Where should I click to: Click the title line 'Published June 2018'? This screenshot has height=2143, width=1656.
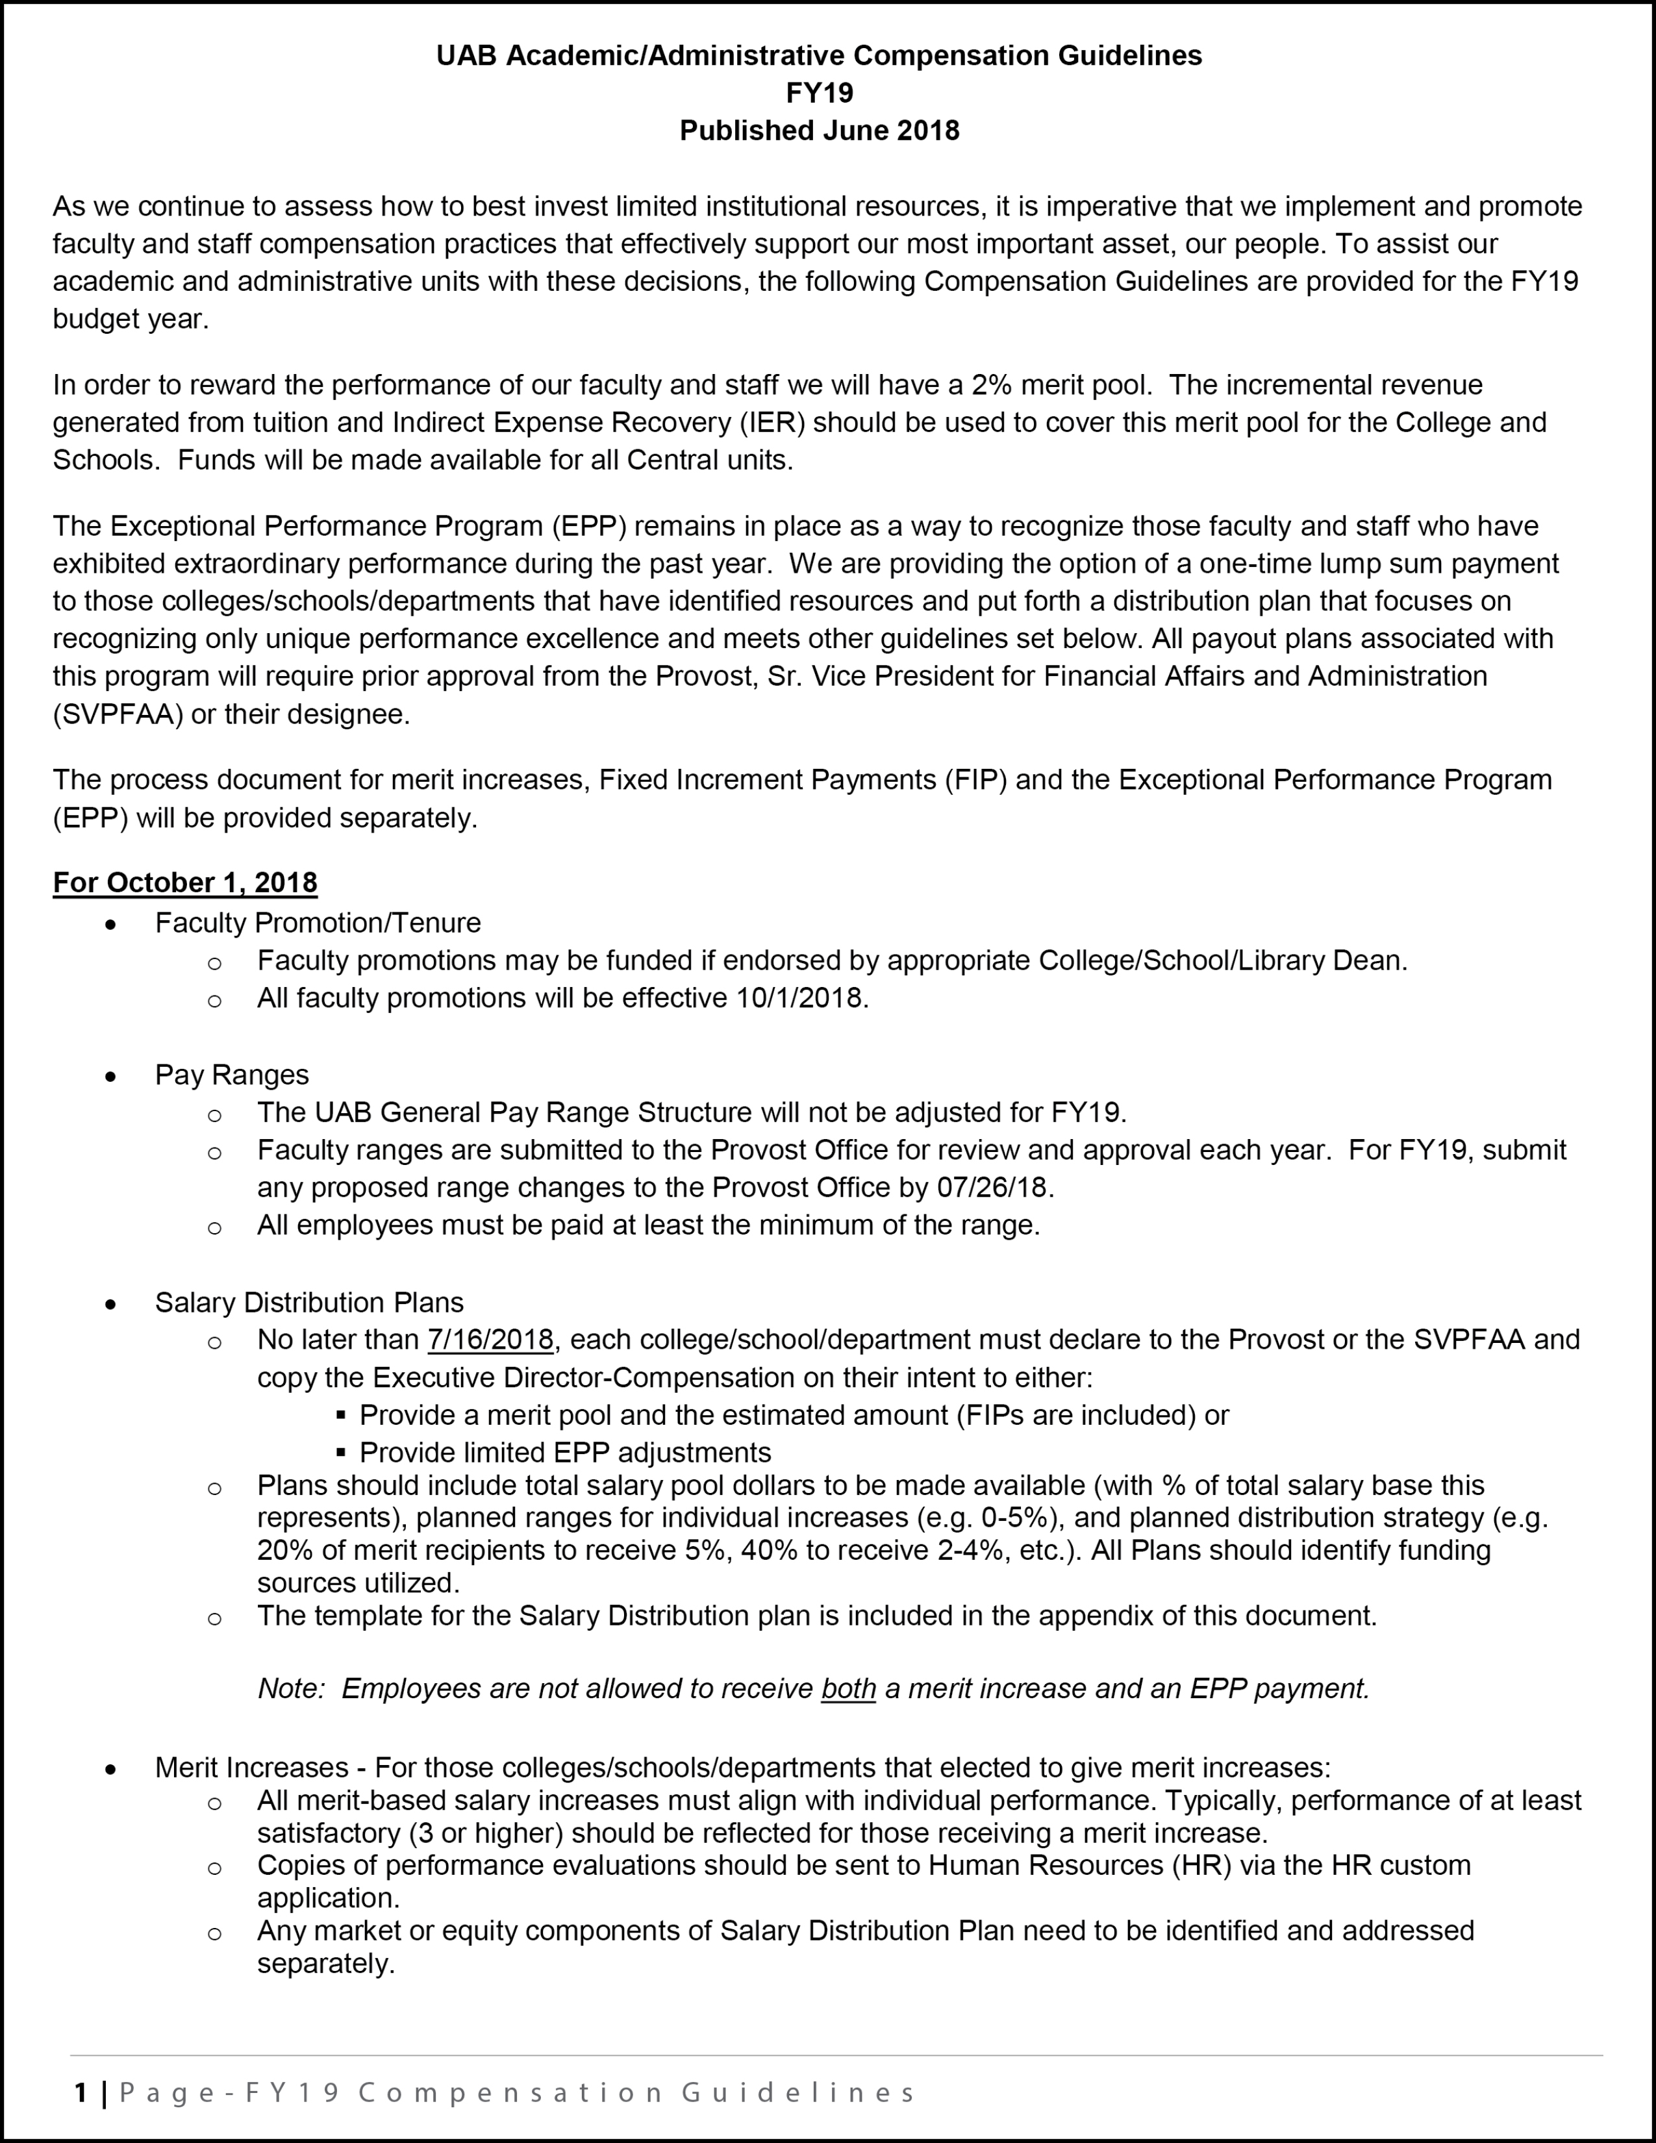(x=819, y=131)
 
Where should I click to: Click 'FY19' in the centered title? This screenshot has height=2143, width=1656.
(x=819, y=94)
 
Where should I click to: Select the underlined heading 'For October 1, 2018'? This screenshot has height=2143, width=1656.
(x=186, y=882)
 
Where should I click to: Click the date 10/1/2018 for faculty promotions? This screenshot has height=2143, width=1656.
(x=799, y=998)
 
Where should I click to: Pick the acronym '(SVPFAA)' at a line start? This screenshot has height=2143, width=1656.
(x=118, y=714)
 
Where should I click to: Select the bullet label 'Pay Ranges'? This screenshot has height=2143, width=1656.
(x=232, y=1075)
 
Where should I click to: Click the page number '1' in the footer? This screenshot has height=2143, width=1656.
(x=81, y=2093)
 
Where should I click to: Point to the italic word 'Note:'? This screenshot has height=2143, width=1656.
(x=290, y=1688)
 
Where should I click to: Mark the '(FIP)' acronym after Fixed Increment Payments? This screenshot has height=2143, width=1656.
(x=976, y=779)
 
